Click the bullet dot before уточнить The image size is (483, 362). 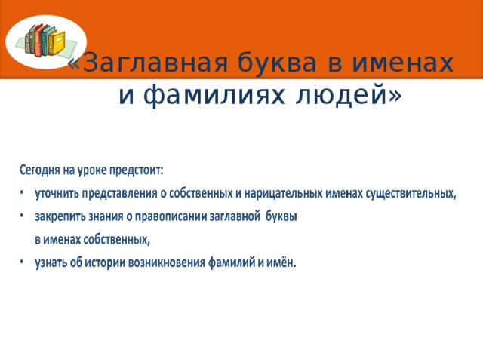click(x=22, y=193)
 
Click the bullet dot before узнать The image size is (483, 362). click(x=22, y=263)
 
